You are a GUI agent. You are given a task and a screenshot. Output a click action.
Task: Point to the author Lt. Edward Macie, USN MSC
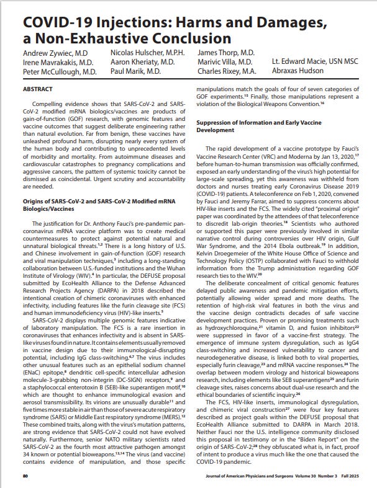tap(314, 63)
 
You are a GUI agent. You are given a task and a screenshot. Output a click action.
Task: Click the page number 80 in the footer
tap(26, 475)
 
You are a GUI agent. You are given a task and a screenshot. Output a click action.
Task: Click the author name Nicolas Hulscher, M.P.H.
tap(147, 53)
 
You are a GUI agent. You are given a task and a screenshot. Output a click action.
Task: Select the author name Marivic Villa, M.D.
tap(224, 63)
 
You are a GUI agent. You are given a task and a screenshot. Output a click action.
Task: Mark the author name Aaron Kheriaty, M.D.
tap(142, 63)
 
